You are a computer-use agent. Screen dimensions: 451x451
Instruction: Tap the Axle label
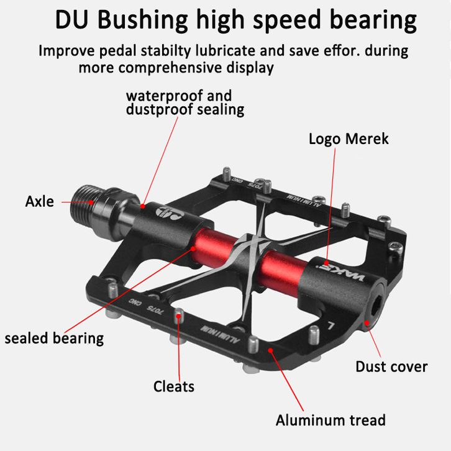[x=39, y=201]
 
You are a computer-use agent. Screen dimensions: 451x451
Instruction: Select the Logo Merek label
[x=348, y=138]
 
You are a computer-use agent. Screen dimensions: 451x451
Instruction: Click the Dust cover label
[x=391, y=367]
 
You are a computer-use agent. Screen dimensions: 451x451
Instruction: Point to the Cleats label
[x=174, y=386]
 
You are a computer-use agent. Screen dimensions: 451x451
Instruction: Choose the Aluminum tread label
[x=330, y=420]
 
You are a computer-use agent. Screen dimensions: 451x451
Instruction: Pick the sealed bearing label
[x=54, y=338]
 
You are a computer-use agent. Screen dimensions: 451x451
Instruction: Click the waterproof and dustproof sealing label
[x=184, y=103]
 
